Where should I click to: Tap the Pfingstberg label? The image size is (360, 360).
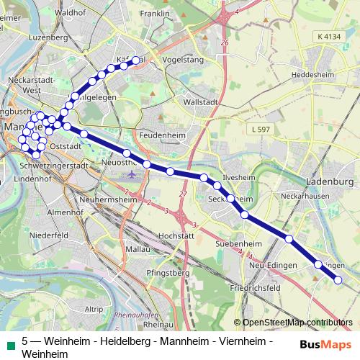(x=167, y=274)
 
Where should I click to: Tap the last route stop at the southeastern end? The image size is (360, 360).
(x=338, y=280)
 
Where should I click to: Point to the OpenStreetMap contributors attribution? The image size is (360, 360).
(x=297, y=323)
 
